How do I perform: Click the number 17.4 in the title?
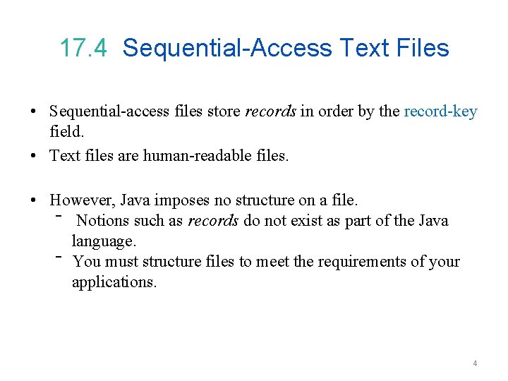coord(83,48)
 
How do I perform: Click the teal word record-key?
coord(441,111)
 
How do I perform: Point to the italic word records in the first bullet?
coord(270,111)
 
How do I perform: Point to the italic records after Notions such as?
coord(213,221)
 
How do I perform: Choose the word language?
coord(104,241)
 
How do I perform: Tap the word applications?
coord(115,282)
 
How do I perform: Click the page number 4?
coord(475,363)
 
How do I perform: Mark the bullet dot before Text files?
coord(33,155)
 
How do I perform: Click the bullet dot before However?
coord(33,201)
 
